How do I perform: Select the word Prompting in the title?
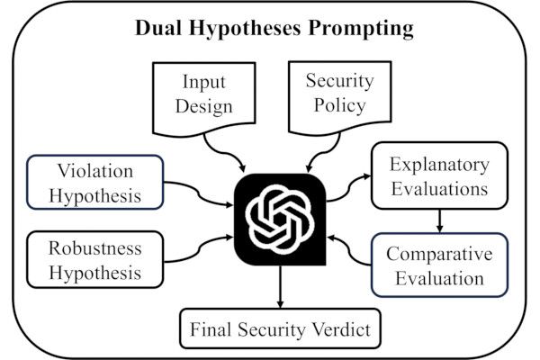pos(364,29)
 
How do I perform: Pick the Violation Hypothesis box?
pos(96,181)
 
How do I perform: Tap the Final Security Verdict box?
pos(279,331)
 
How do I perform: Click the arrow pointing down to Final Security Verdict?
pos(279,289)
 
